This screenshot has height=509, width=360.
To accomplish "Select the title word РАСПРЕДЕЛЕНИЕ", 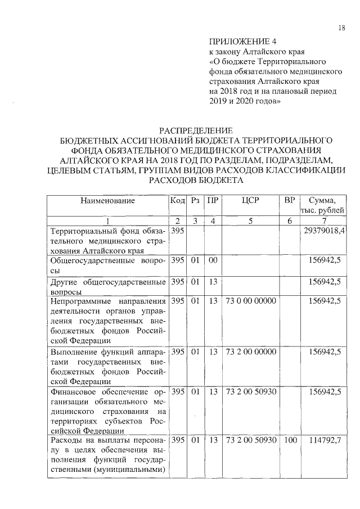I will (x=195, y=130).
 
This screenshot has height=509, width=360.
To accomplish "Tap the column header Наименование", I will (x=107, y=201).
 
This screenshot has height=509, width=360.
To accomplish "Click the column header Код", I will (x=177, y=201).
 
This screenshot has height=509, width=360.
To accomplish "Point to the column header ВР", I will (x=289, y=201).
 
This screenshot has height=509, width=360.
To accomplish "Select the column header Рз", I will (x=195, y=201).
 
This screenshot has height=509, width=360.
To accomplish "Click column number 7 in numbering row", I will (x=324, y=221).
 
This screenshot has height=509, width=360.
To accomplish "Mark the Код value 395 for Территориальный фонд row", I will (x=177, y=231).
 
